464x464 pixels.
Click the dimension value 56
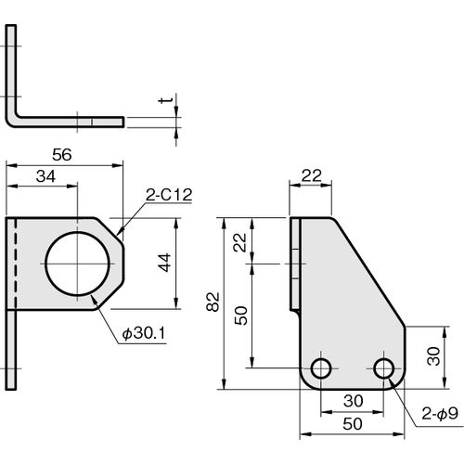pyautogui.click(x=62, y=155)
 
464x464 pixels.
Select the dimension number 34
pyautogui.click(x=45, y=176)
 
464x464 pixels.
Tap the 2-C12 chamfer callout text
pyautogui.click(x=169, y=195)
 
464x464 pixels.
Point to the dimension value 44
pyautogui.click(x=165, y=263)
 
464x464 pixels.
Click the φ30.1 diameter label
pyautogui.click(x=144, y=333)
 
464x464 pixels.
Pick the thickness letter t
pyautogui.click(x=164, y=100)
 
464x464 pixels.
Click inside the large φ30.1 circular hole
pyautogui.click(x=77, y=264)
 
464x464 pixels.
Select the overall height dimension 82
pyautogui.click(x=213, y=302)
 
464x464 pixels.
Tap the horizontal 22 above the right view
pyautogui.click(x=312, y=175)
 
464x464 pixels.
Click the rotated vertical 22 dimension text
pyautogui.click(x=240, y=242)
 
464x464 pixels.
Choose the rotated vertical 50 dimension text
pyautogui.click(x=241, y=316)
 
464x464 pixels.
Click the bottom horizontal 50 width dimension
pyautogui.click(x=353, y=424)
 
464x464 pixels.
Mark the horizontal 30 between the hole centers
pyautogui.click(x=353, y=401)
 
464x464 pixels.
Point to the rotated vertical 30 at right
pyautogui.click(x=433, y=356)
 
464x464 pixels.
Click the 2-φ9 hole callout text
pyautogui.click(x=440, y=414)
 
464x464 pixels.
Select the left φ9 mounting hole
pyautogui.click(x=321, y=368)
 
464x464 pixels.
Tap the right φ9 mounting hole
pyautogui.click(x=383, y=368)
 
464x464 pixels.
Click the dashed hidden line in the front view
pyautogui.click(x=16, y=264)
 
